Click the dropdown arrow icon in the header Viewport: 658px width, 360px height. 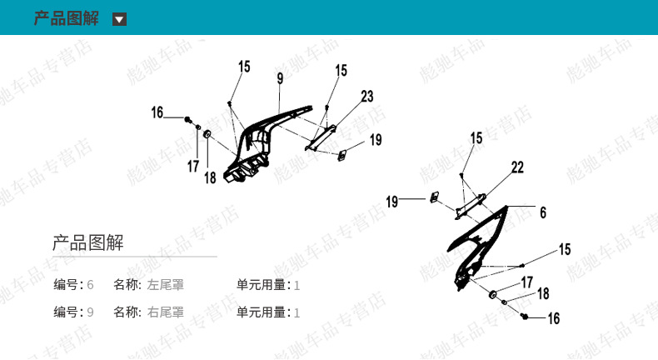[x=120, y=19]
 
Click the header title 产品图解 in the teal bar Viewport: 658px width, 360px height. [x=66, y=18]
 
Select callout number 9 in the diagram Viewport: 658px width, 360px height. [x=281, y=77]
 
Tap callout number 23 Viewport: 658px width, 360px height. [x=367, y=96]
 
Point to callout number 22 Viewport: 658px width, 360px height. [x=517, y=167]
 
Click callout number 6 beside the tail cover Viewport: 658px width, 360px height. [x=542, y=212]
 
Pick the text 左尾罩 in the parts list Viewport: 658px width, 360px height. [x=166, y=285]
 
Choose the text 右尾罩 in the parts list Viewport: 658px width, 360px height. [x=166, y=312]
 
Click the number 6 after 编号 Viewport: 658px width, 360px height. [x=90, y=285]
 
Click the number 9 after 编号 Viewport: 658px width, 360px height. [x=90, y=312]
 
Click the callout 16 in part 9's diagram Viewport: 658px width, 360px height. [x=157, y=112]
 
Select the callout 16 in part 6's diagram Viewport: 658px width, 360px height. [x=553, y=318]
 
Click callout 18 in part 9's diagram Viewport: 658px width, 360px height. [x=210, y=177]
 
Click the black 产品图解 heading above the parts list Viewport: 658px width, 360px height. [x=88, y=243]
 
